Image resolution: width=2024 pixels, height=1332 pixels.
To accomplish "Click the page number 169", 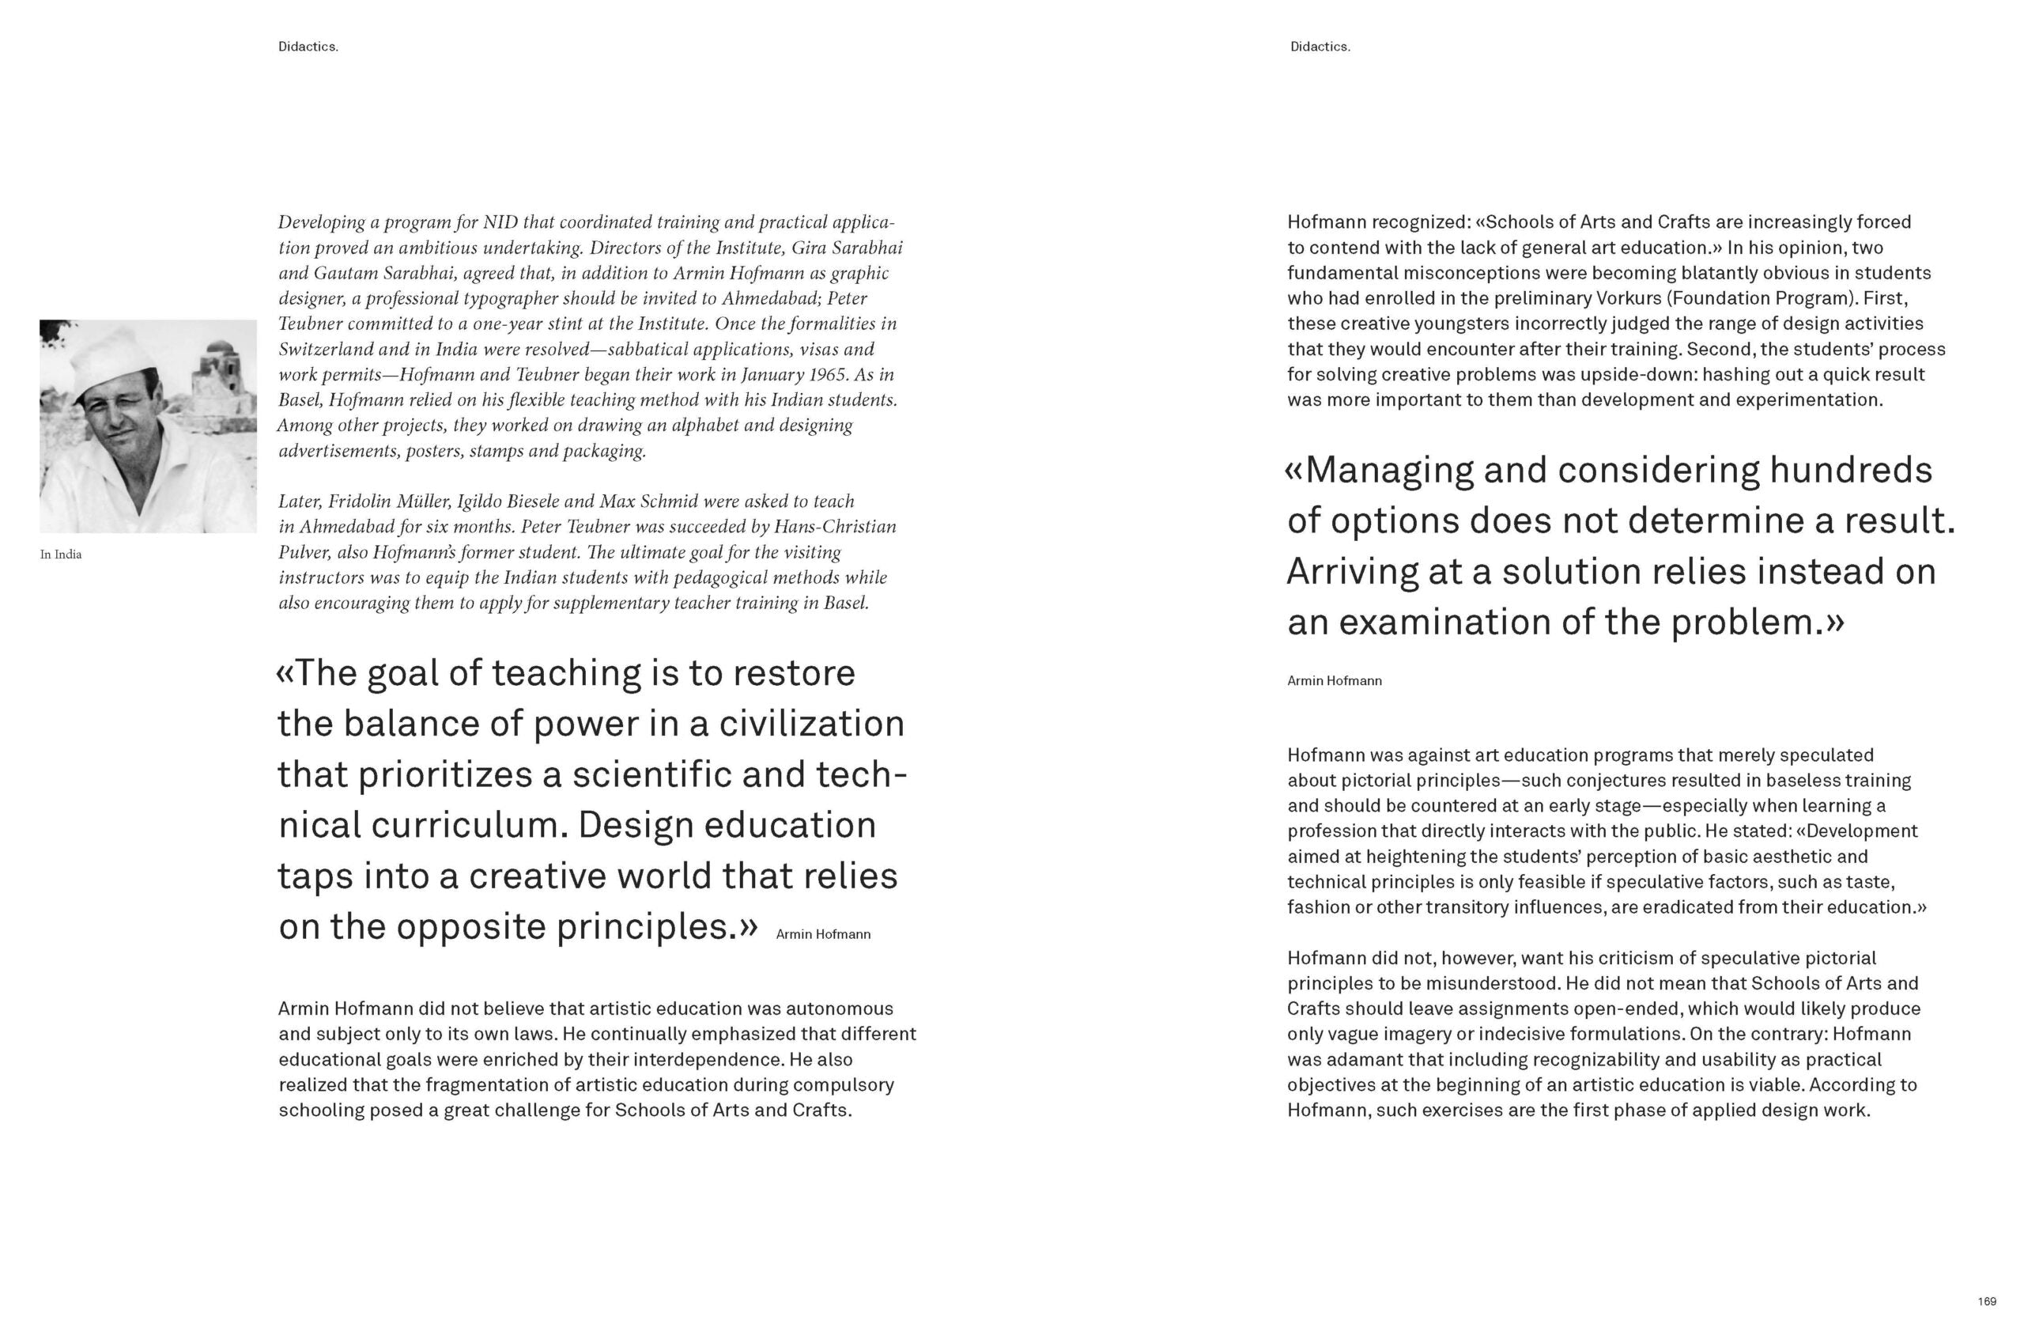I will (1987, 1301).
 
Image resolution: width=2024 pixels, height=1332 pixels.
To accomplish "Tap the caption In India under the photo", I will (60, 554).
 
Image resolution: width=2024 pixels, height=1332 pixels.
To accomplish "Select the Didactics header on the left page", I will (308, 47).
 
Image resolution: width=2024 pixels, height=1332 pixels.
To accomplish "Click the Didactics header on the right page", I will (1320, 47).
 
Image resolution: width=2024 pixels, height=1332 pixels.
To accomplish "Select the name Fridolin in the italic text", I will (357, 501).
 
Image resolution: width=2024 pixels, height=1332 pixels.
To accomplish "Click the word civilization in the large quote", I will (811, 724).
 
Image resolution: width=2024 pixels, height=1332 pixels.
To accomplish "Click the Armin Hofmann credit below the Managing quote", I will (1335, 680).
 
